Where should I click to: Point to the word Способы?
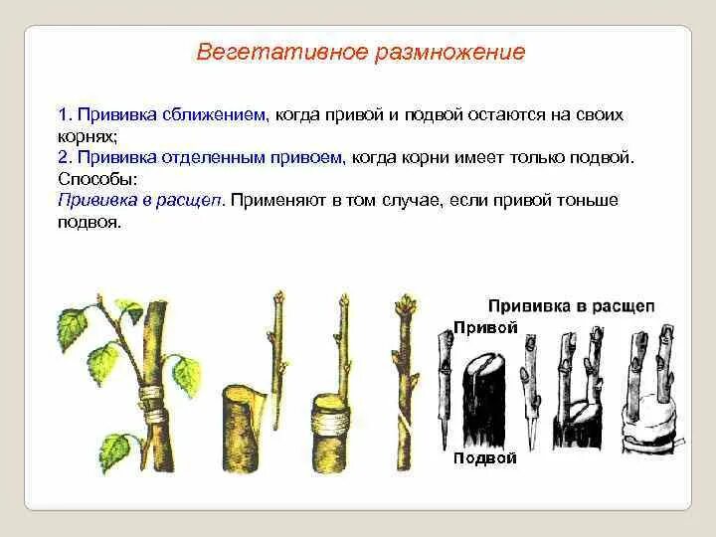pyautogui.click(x=97, y=179)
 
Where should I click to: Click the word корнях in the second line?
pyautogui.click(x=87, y=136)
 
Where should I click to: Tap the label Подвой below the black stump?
pyautogui.click(x=484, y=458)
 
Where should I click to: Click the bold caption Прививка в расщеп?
pyautogui.click(x=571, y=305)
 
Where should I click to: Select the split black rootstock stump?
pyautogui.click(x=486, y=398)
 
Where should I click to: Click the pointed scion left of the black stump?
pyautogui.click(x=446, y=388)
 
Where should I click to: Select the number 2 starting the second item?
pyautogui.click(x=62, y=158)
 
